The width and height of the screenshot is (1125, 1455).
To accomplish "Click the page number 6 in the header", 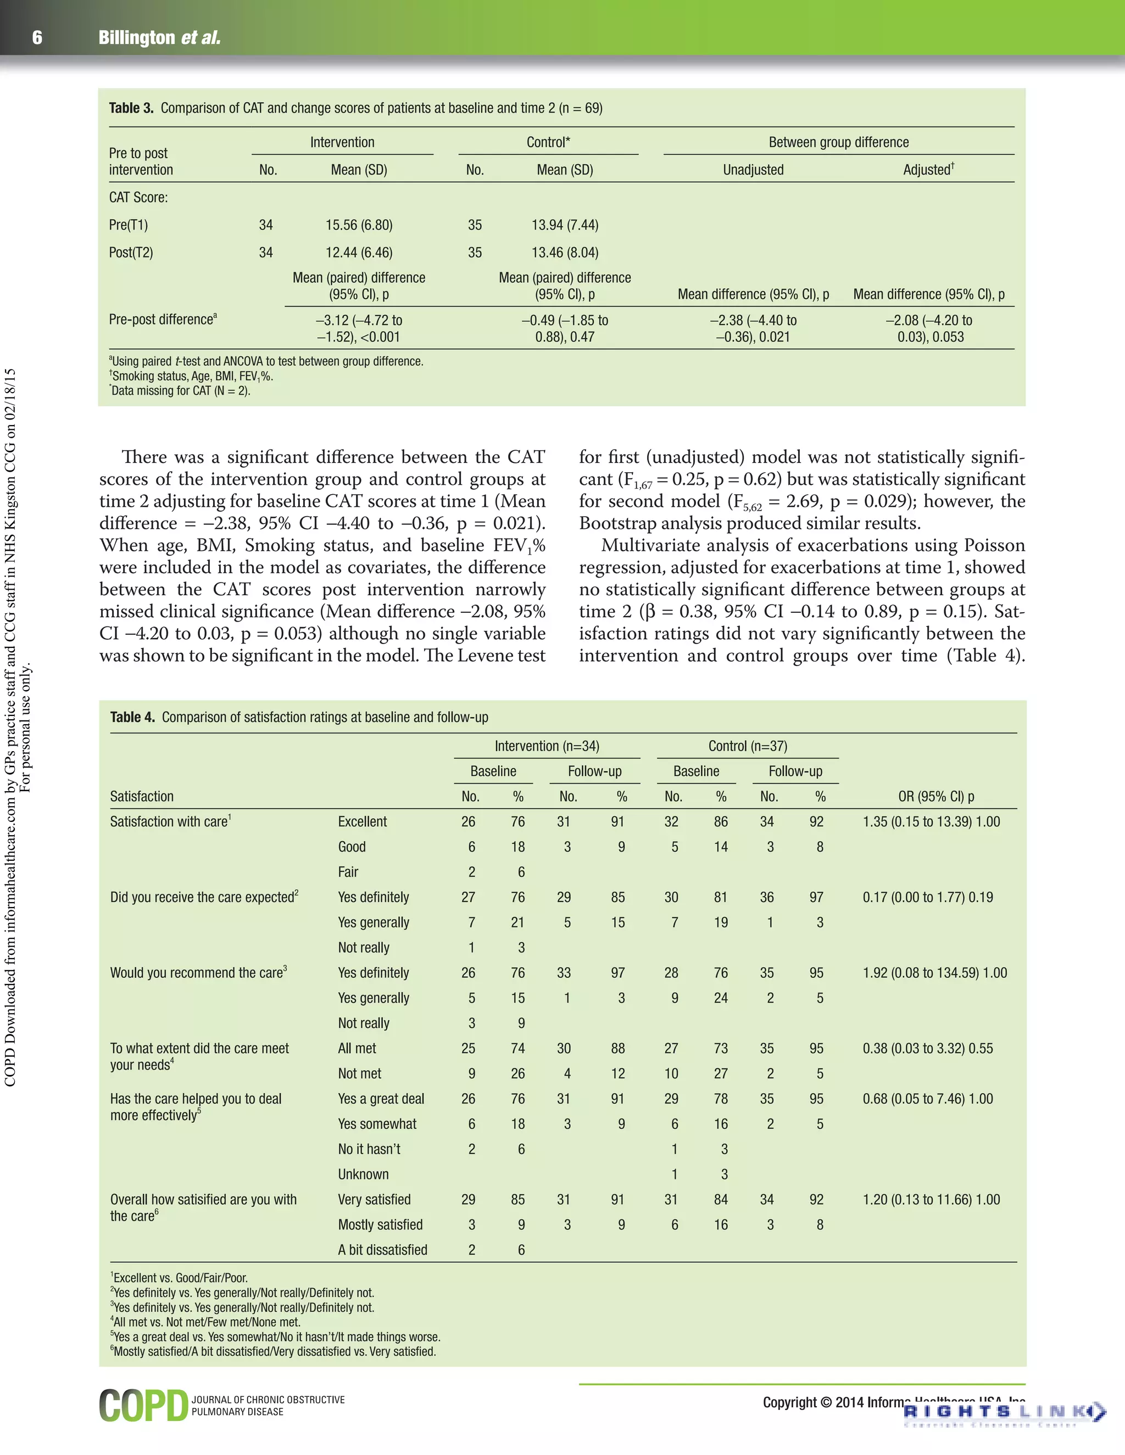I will tap(37, 38).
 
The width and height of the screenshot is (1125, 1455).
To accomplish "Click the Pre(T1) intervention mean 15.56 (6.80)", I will tap(359, 225).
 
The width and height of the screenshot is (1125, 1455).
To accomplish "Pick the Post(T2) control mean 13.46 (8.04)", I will tap(565, 253).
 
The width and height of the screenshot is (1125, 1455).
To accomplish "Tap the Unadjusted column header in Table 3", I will tap(753, 170).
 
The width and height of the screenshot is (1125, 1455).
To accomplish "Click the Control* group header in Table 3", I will tap(548, 142).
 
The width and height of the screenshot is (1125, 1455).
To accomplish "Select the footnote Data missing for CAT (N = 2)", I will tap(180, 391).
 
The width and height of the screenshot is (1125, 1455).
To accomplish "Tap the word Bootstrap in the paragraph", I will tap(622, 523).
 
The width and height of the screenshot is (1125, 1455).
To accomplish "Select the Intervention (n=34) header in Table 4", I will tap(547, 746).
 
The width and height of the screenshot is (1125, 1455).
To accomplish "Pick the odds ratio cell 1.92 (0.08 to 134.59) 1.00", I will tap(934, 973).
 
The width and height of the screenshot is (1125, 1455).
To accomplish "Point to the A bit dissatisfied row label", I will tap(382, 1250).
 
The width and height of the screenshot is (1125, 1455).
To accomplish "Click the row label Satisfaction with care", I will tap(169, 821).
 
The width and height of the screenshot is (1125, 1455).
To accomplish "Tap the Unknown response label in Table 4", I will tap(363, 1174).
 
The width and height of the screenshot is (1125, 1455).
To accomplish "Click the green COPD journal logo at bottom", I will tap(144, 1405).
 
